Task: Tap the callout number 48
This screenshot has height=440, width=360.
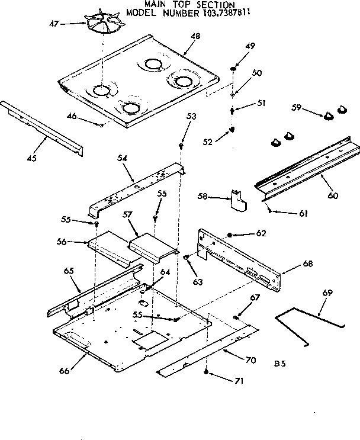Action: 195,37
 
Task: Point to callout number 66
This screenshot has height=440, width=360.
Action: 64,371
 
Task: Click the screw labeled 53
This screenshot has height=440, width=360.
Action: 181,146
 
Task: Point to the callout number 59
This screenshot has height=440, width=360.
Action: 297,108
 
